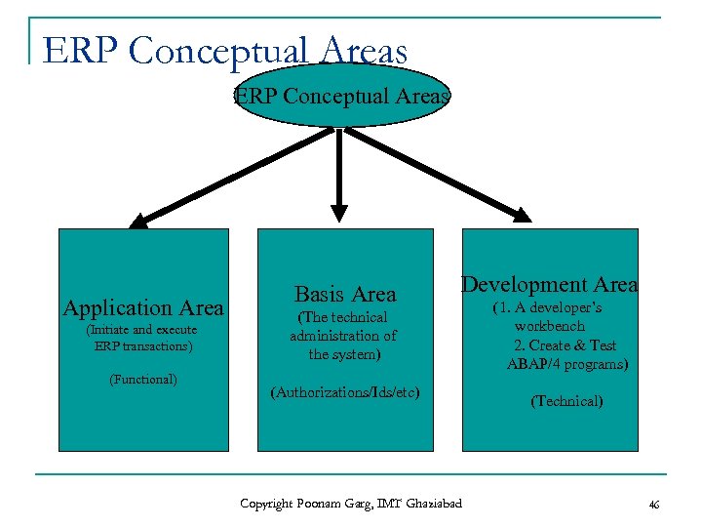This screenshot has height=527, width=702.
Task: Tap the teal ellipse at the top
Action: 341,97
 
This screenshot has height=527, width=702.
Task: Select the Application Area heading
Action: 143,308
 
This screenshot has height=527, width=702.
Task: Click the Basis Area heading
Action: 345,294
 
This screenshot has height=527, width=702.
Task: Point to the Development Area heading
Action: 550,284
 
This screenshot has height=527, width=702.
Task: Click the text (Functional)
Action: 143,379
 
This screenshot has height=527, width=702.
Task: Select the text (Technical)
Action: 566,401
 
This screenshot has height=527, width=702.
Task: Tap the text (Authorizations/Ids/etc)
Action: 345,392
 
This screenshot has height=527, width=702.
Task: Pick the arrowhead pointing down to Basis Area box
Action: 338,210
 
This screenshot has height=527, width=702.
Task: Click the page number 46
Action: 653,505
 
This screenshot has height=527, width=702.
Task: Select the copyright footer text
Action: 351,504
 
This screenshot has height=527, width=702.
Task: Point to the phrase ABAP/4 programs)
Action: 567,364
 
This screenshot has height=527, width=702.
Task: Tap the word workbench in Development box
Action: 550,326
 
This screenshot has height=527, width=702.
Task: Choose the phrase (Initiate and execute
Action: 142,330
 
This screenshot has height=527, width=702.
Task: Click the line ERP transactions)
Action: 143,345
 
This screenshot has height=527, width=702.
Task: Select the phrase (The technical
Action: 344,317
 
